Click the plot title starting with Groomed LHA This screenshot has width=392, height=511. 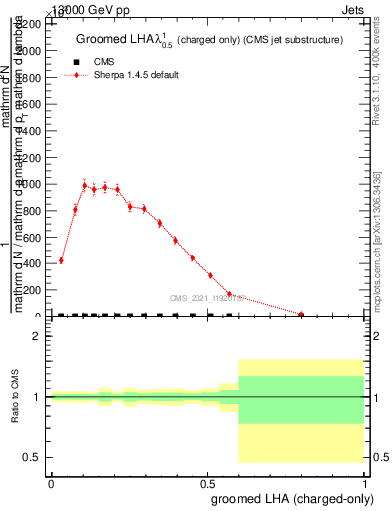(209, 39)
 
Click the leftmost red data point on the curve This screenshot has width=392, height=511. (61, 260)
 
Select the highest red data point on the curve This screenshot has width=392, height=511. (85, 185)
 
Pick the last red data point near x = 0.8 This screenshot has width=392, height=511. (301, 314)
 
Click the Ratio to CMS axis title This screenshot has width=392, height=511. (15, 397)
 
